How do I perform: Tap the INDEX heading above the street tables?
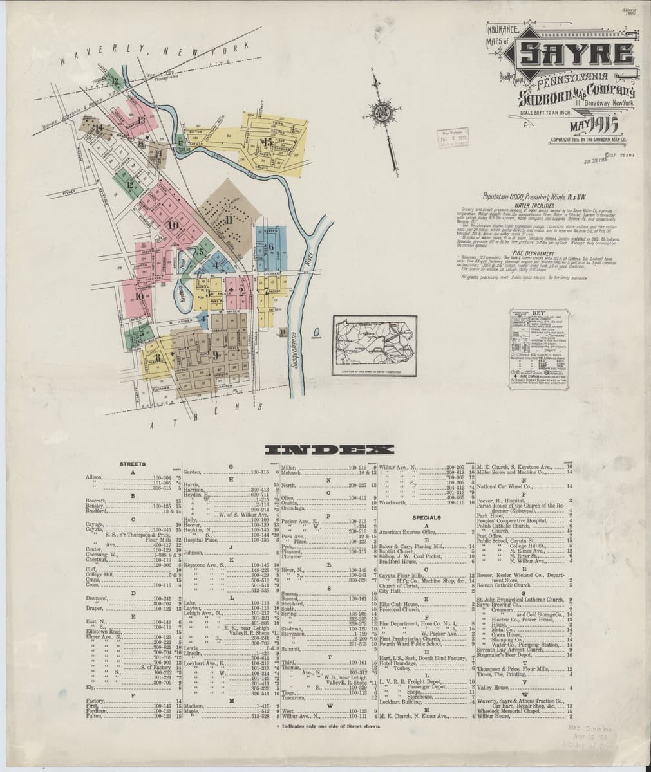pos(325,449)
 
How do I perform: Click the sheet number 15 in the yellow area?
pos(266,143)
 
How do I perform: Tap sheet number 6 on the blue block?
pos(271,246)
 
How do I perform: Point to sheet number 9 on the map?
pos(215,354)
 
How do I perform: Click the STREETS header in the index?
pos(133,464)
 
